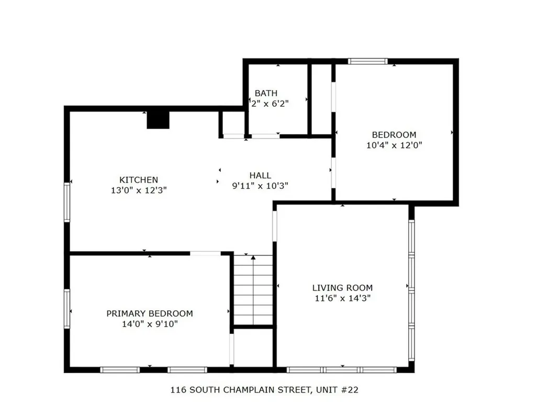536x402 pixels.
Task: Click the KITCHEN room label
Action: (x=138, y=180)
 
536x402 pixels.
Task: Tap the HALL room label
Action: (x=260, y=176)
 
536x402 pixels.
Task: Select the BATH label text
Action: (x=266, y=93)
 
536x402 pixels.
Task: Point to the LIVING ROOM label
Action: (x=342, y=287)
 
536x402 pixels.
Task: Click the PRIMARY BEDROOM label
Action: (x=149, y=314)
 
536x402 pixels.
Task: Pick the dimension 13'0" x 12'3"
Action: (x=139, y=191)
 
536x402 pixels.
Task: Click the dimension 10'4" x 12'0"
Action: (x=394, y=145)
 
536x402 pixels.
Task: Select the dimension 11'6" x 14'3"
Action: (x=342, y=298)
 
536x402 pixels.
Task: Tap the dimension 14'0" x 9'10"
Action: (x=149, y=324)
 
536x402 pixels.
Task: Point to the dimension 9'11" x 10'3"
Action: (x=260, y=185)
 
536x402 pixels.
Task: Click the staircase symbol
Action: (x=253, y=291)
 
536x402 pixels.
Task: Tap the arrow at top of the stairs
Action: (x=253, y=258)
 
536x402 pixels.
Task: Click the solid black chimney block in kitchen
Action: (x=158, y=120)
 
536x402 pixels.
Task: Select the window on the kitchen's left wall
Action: (x=67, y=202)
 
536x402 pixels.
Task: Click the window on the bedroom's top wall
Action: (x=368, y=61)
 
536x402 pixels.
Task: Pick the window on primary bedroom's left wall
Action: (x=67, y=309)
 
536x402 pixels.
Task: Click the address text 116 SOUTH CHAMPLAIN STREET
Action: (x=241, y=390)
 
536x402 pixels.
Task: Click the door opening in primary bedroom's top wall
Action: (x=205, y=254)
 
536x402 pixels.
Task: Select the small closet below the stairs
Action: (x=253, y=347)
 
